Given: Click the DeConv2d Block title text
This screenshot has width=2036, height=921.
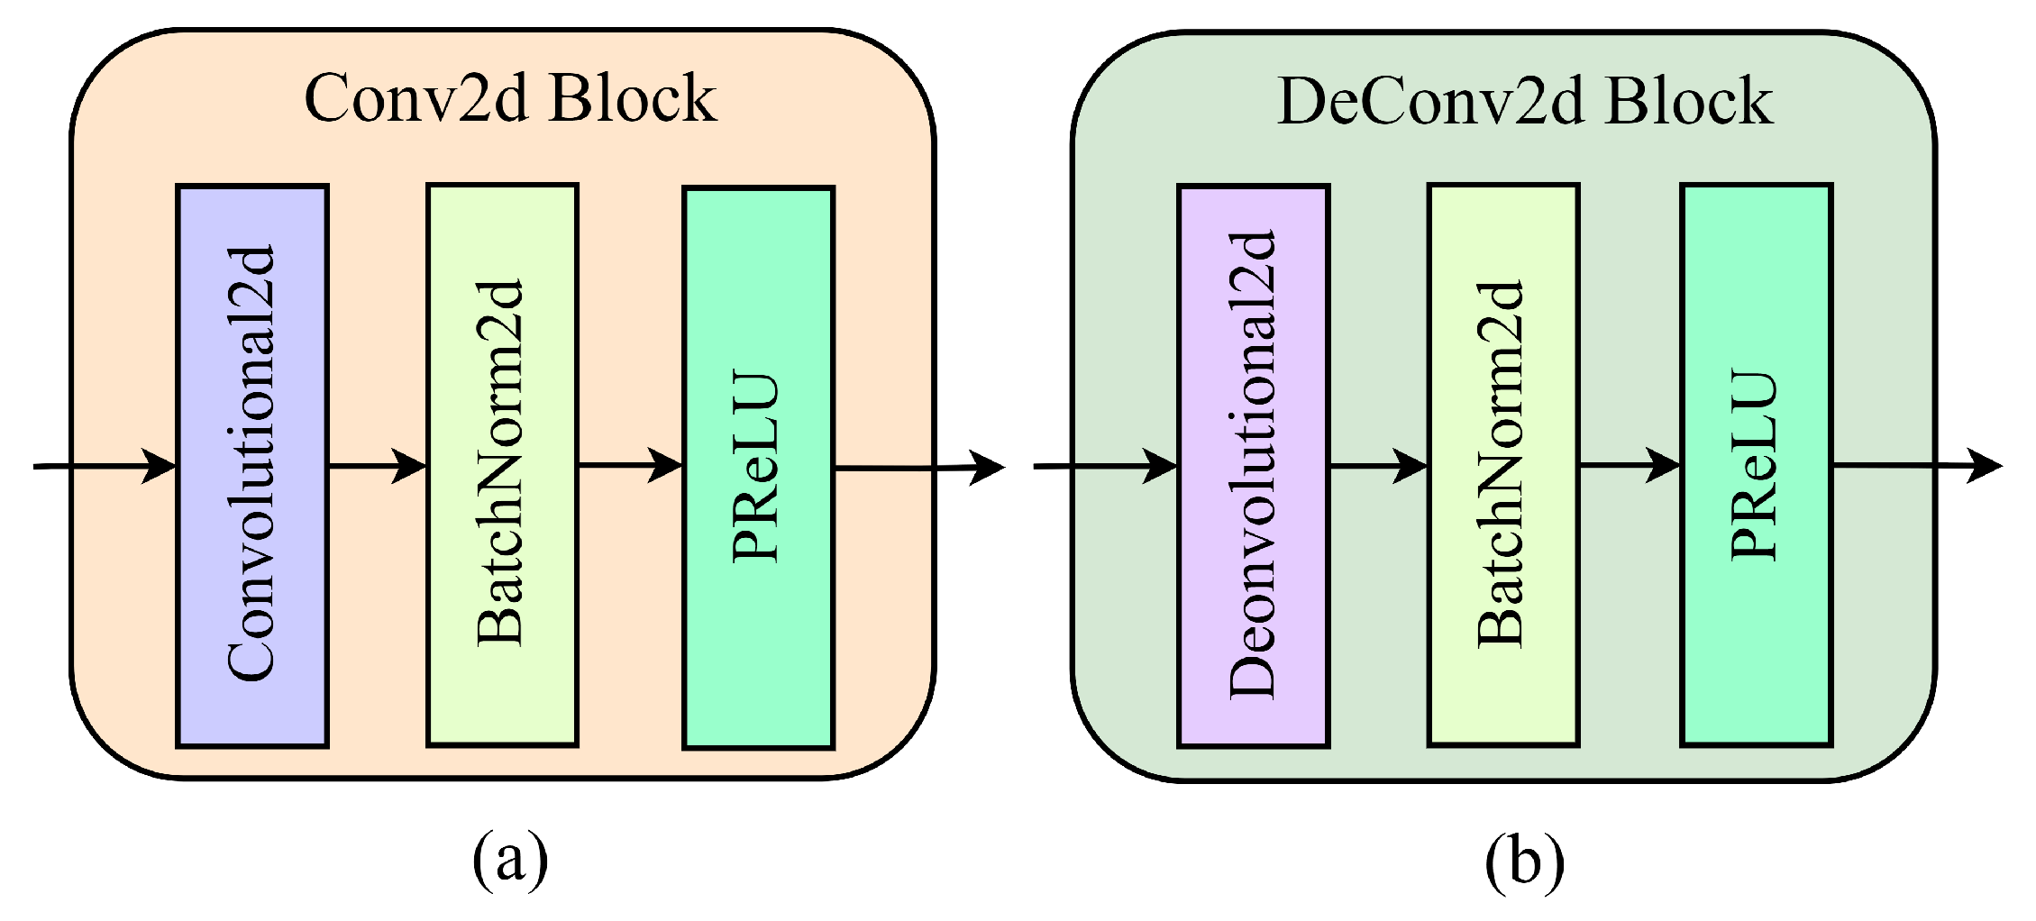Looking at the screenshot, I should (x=1525, y=101).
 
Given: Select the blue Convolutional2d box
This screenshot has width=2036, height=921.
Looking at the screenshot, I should (x=252, y=466).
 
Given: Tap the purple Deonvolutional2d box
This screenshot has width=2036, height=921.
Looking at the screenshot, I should (x=1254, y=466).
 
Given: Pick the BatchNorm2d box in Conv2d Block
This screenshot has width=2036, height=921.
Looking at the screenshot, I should (x=502, y=466).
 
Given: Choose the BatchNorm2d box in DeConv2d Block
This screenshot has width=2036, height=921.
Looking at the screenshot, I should (x=1503, y=466).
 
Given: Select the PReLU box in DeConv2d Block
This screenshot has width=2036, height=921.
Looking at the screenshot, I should (x=1757, y=466).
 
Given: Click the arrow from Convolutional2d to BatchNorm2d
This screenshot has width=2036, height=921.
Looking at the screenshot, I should (x=377, y=466).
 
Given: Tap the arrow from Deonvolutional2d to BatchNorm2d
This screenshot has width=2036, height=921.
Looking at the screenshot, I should (x=1379, y=466).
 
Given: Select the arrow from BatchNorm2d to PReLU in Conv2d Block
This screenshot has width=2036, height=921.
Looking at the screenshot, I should (x=630, y=465).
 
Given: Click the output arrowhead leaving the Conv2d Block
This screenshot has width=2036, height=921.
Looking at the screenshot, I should (x=988, y=467).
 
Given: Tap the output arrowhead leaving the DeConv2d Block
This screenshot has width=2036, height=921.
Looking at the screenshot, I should (x=1985, y=466).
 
